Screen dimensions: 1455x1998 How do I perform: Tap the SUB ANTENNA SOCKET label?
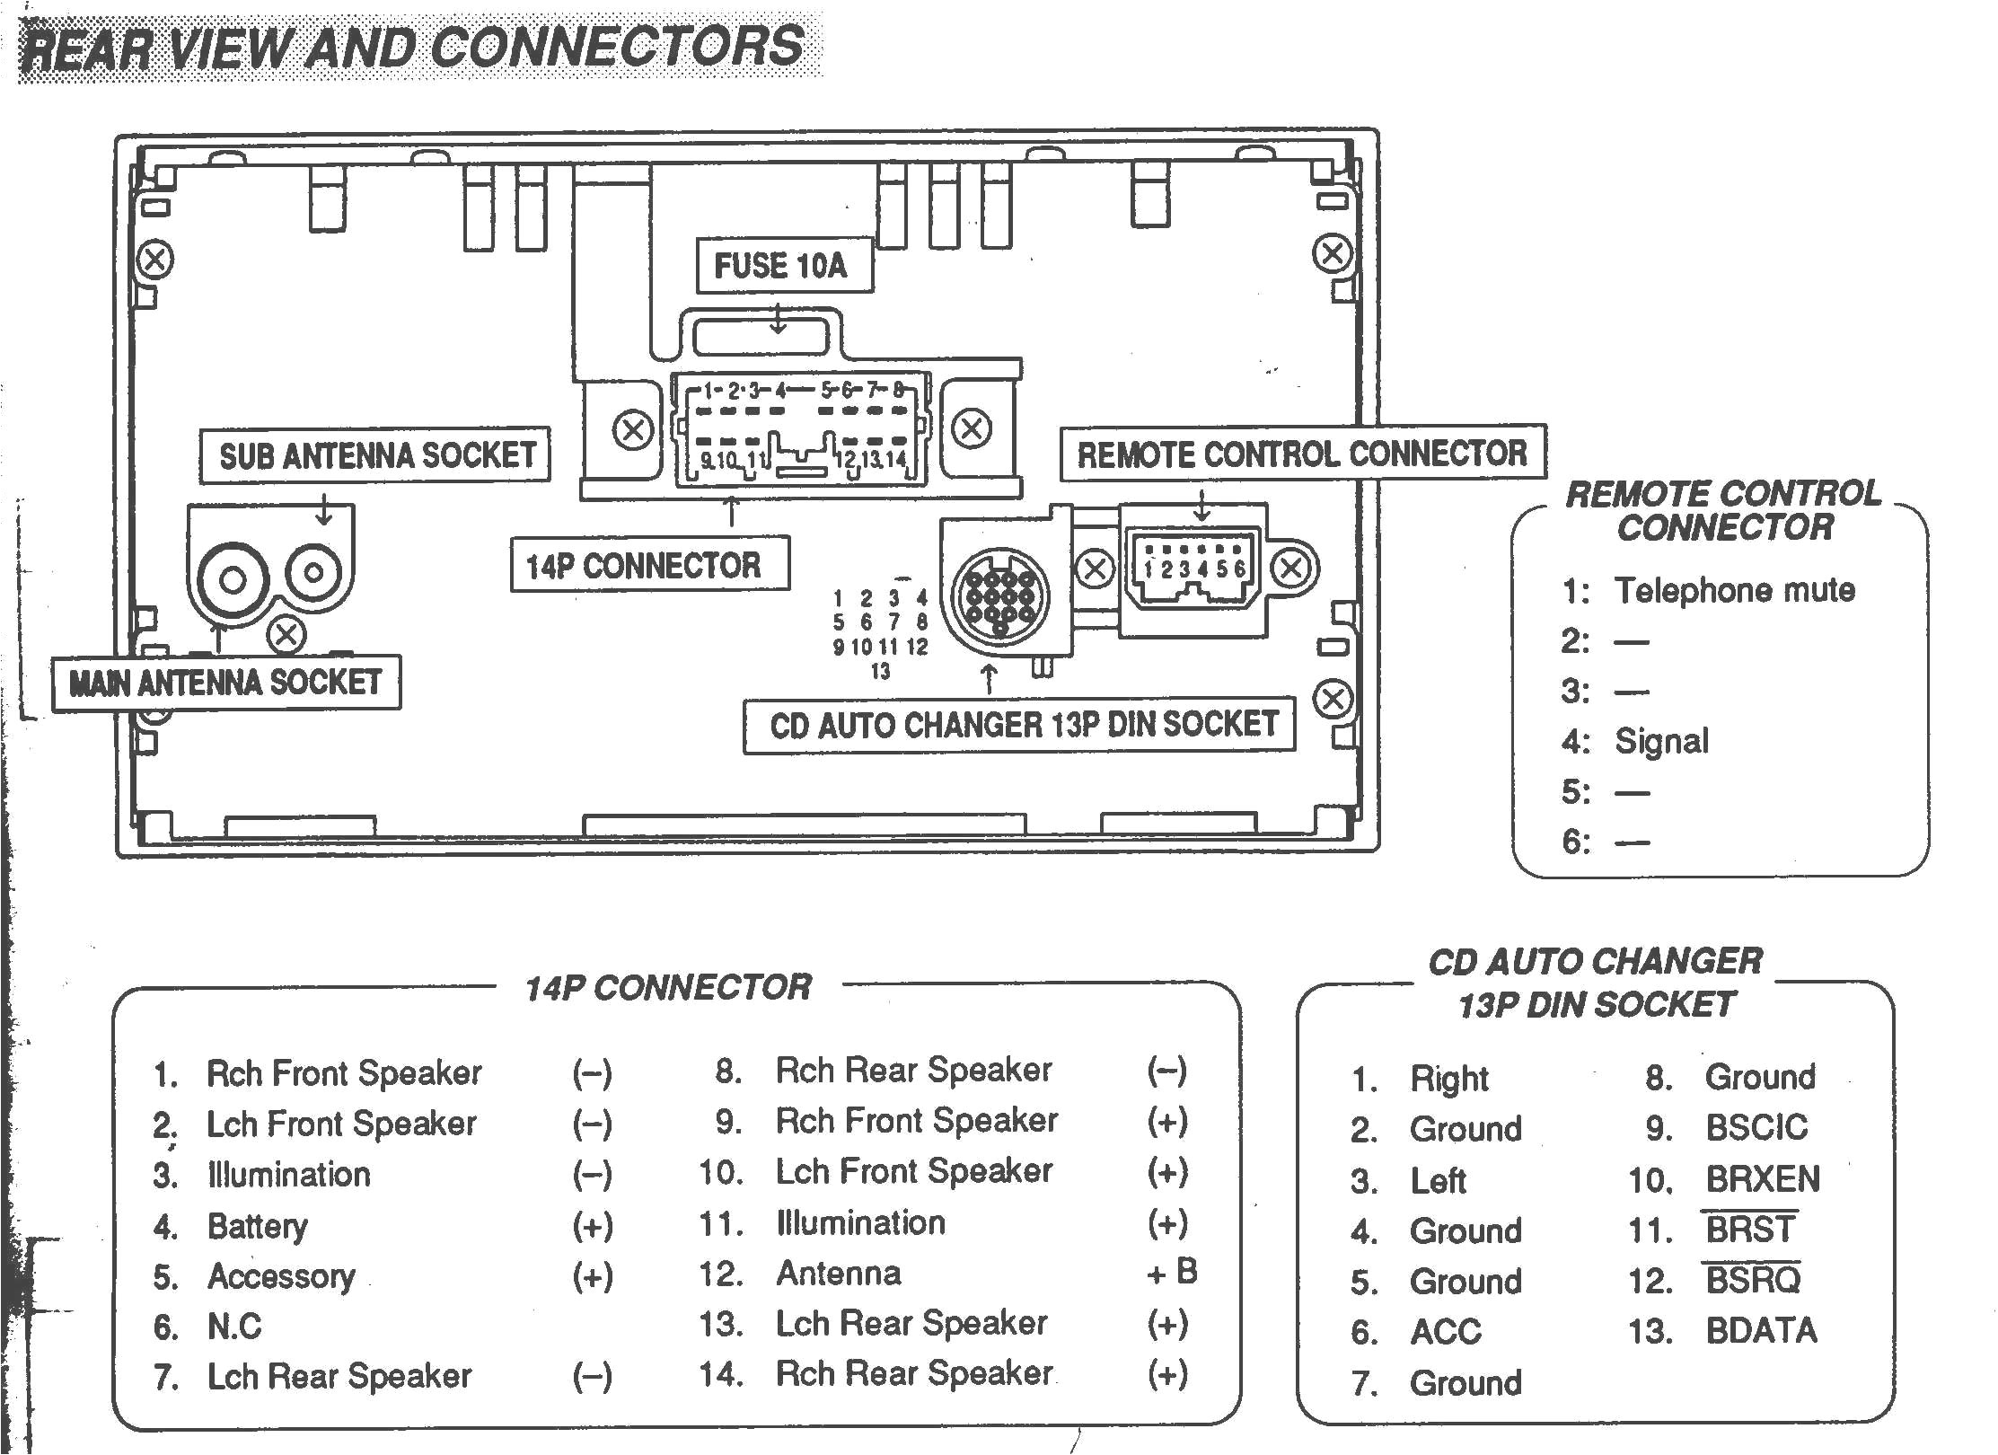pos(375,455)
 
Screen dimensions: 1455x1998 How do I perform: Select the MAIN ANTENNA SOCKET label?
pos(225,683)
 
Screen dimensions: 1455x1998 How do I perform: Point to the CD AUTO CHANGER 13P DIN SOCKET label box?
pos(1020,725)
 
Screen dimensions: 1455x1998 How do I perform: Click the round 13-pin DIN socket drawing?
pos(998,594)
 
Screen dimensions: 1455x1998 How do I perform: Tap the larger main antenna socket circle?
pos(232,580)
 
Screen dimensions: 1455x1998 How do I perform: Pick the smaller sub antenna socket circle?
pos(315,571)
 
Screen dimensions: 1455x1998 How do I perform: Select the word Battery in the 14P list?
pos(257,1226)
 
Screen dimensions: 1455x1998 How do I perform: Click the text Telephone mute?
pos(1734,590)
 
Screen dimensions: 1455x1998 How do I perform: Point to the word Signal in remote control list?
pos(1661,741)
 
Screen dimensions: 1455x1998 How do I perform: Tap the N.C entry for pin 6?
pos(234,1327)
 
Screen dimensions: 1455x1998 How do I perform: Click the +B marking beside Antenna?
pos(1172,1272)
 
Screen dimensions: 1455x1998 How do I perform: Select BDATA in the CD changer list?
pos(1760,1330)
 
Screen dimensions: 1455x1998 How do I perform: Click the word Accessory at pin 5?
pos(281,1276)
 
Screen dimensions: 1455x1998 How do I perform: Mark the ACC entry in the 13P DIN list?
pos(1445,1332)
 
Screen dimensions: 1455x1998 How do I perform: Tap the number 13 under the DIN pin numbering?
pos(880,671)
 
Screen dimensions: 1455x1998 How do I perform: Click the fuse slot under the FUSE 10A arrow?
pos(760,338)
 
